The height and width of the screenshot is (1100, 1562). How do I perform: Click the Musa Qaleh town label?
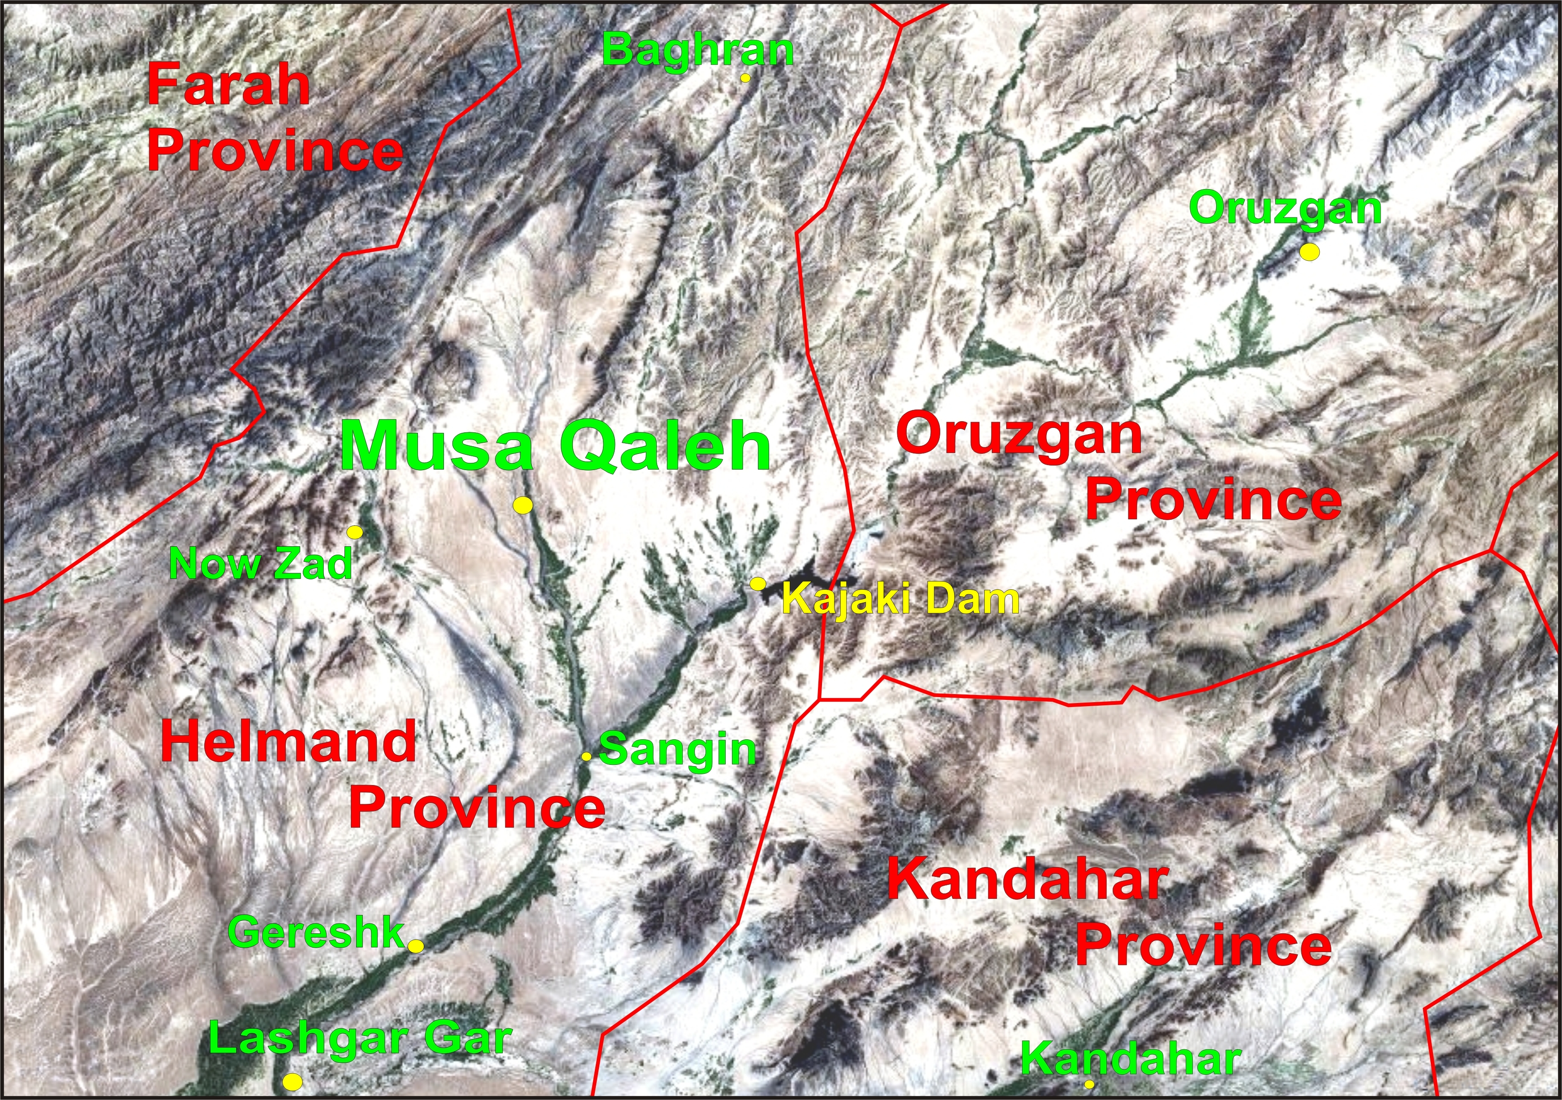(x=555, y=446)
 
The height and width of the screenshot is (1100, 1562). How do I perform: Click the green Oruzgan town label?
(x=1285, y=208)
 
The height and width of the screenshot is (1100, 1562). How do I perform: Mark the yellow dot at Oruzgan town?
(x=1310, y=252)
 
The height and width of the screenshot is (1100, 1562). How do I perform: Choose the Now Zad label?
(x=261, y=564)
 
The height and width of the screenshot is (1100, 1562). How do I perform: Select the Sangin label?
(x=678, y=750)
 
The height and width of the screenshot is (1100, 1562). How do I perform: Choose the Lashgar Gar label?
(x=360, y=1038)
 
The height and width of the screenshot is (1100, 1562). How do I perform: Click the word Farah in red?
(x=228, y=85)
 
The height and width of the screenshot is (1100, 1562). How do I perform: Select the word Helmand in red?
(x=288, y=742)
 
